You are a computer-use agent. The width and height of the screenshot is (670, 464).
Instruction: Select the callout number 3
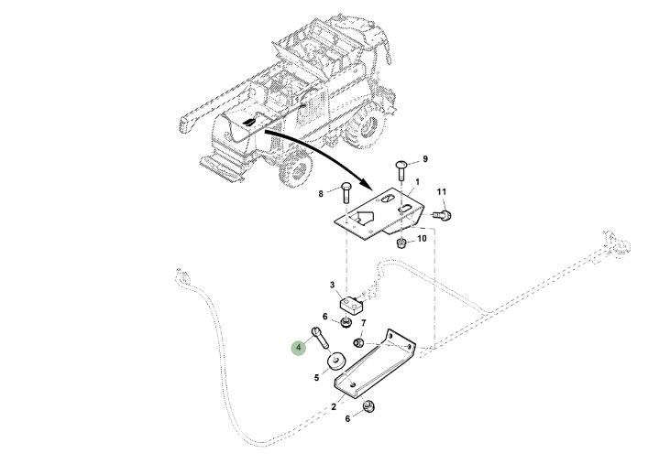tap(333, 286)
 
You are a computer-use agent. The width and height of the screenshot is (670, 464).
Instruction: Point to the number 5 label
tap(316, 376)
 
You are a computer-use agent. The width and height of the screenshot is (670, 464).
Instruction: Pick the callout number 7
tap(363, 323)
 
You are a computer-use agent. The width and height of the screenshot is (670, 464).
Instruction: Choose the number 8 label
tap(321, 194)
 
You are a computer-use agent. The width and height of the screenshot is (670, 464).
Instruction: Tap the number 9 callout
tap(424, 159)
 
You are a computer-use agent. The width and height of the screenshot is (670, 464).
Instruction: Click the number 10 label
tap(423, 239)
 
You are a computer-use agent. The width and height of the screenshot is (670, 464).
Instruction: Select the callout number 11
tap(441, 191)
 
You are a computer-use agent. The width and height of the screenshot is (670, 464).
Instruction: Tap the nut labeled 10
tap(401, 243)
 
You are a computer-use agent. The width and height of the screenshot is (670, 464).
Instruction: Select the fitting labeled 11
tap(445, 215)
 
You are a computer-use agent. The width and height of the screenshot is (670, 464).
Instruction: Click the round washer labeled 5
tap(337, 361)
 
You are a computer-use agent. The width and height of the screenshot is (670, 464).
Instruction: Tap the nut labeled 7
tap(360, 342)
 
